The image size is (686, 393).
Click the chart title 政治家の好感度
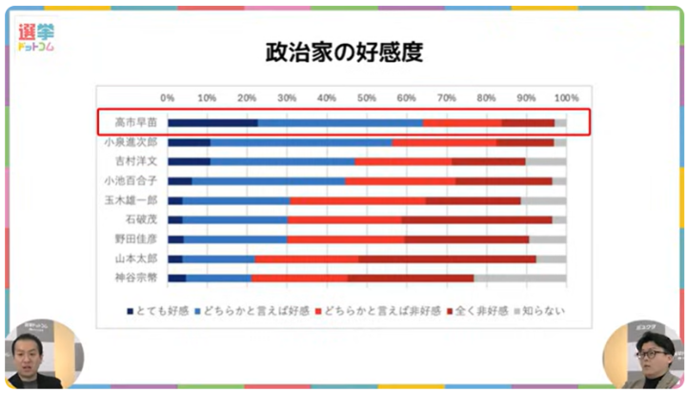343,52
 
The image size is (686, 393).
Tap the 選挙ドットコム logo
35,38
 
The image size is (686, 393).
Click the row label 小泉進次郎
131,141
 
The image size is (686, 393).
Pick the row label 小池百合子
131,180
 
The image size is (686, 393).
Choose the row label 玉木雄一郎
131,200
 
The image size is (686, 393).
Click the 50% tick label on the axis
367,97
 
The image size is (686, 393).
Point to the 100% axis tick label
566,97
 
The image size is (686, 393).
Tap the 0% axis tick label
168,97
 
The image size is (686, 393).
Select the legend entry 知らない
539,311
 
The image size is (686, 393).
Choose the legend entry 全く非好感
473,311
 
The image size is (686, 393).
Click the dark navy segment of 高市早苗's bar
212,122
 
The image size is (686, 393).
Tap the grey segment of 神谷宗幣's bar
519,278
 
